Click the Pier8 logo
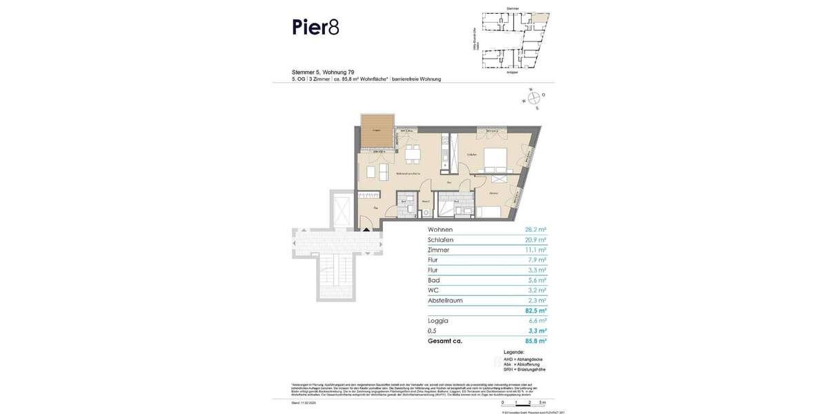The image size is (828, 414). tap(315, 27)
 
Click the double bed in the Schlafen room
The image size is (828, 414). tap(495, 161)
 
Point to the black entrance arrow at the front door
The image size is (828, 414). tap(366, 229)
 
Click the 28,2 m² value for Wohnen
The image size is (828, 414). tap(535, 230)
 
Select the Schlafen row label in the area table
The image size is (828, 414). tap(440, 240)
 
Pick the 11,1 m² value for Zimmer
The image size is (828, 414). tap(535, 250)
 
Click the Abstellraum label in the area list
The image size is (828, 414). tap(445, 301)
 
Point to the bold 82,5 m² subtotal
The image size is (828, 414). tap(535, 311)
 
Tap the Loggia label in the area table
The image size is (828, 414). tap(438, 321)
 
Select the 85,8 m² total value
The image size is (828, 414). tap(535, 341)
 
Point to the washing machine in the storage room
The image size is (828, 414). tap(426, 213)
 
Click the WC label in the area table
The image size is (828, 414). tap(433, 290)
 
